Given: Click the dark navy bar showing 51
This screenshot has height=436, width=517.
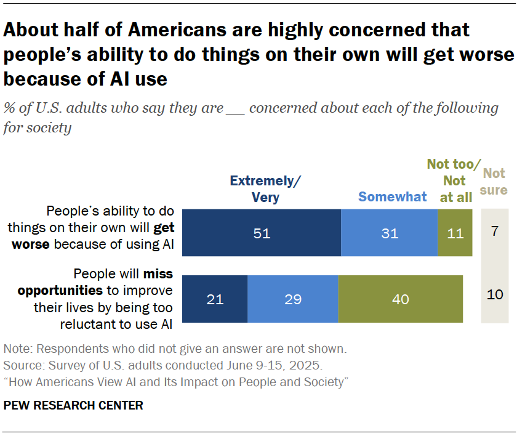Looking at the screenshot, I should (x=262, y=233).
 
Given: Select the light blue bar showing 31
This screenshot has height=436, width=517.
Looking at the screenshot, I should (x=389, y=233).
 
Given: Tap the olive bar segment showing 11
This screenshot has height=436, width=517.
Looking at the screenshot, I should (x=455, y=233).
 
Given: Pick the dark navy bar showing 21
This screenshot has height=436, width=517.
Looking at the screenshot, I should (x=215, y=299).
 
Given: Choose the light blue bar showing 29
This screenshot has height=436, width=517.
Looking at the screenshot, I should (x=292, y=299).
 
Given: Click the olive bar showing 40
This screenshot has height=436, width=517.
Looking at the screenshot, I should (x=400, y=299).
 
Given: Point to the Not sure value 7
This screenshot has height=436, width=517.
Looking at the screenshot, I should (x=495, y=233).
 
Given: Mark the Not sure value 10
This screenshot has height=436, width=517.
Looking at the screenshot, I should (x=495, y=294).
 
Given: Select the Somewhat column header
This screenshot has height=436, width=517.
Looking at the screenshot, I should (x=393, y=197).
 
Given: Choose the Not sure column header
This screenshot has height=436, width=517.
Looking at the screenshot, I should (x=494, y=181).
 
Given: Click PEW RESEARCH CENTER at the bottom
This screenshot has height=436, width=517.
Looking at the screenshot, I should (x=73, y=405).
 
